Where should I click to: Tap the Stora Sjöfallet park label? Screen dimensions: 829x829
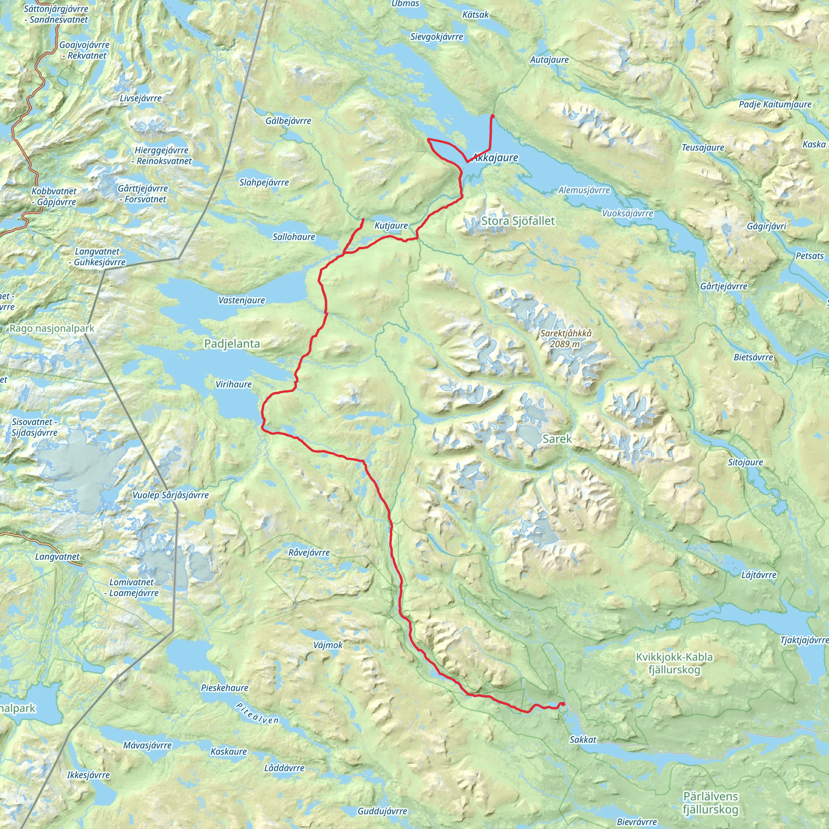518,221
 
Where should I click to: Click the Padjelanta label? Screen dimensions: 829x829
232,344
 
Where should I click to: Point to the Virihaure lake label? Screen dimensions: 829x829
234,385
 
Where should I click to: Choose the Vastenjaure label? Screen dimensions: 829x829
242,300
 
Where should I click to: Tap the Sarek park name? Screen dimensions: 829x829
557,438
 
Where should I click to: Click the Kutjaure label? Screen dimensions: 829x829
391,226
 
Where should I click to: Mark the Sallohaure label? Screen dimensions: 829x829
294,237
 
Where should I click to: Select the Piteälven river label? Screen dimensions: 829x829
257,713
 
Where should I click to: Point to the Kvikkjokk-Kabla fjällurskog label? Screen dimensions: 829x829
674,663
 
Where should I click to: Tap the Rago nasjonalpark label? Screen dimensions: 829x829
51,329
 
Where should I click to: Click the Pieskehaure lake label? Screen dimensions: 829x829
224,688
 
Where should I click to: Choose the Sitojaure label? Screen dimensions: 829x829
745,462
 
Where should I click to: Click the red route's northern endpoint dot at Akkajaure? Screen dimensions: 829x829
492,116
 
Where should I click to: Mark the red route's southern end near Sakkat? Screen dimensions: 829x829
562,704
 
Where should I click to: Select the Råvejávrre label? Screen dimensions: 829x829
309,553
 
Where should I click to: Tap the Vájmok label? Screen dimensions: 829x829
328,645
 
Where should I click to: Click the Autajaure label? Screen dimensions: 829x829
549,60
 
